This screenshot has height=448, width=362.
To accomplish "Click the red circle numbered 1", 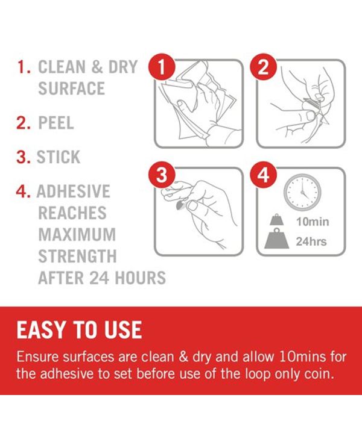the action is (x=162, y=67).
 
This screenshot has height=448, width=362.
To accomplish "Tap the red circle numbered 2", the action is (x=264, y=67).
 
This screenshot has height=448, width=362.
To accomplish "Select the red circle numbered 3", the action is (x=162, y=175).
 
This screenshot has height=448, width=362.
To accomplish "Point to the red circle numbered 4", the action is (x=264, y=175).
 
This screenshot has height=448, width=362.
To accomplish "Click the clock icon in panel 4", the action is (x=302, y=192).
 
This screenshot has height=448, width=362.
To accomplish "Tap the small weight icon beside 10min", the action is (x=277, y=220).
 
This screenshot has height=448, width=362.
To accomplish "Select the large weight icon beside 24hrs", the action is (x=277, y=238).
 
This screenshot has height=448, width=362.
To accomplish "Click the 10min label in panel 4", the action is (x=313, y=222).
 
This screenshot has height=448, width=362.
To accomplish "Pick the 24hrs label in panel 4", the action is (x=311, y=241).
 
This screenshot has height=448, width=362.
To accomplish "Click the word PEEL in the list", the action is (x=56, y=123).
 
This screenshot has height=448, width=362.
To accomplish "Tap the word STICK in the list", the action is (x=59, y=157).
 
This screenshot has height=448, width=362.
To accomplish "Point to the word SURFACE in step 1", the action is (x=71, y=89).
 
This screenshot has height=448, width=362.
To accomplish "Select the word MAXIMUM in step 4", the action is (x=77, y=235).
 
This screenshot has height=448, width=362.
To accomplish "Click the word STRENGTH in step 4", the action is (x=77, y=257).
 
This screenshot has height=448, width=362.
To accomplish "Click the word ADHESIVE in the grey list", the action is (x=74, y=191).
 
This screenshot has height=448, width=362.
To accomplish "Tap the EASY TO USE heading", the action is (x=79, y=329).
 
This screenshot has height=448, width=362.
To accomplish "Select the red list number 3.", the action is (x=24, y=157).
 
